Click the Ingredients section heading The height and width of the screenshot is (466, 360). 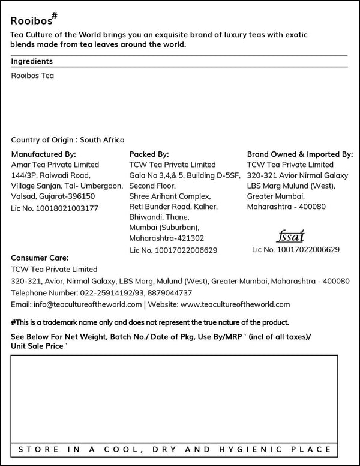coord(32,61)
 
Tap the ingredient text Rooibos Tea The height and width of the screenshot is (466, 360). coord(32,76)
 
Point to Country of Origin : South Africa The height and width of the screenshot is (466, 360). coord(68,139)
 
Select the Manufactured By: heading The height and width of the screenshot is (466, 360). coord(44,154)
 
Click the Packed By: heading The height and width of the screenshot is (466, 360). coord(149,154)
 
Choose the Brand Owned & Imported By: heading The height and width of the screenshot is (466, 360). coord(300,154)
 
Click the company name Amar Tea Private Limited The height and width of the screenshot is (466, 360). coord(55,165)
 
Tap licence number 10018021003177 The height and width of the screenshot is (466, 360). coord(55,208)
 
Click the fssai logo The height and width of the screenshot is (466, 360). coord(292,235)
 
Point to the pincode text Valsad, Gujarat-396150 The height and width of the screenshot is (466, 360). coord(53,196)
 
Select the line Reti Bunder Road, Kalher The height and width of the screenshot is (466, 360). coord(173,207)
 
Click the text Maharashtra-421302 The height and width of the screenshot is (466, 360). coord(167,238)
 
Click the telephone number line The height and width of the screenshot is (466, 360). coord(101,293)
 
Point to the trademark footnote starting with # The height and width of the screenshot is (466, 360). coord(150,322)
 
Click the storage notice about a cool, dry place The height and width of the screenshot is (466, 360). coord(174,449)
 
